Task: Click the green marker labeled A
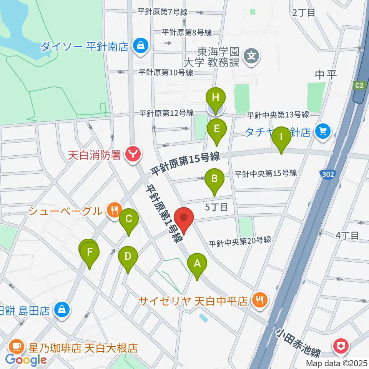(x=197, y=264)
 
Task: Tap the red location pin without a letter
(x=184, y=219)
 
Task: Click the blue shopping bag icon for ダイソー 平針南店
(x=139, y=46)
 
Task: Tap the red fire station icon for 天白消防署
(x=133, y=155)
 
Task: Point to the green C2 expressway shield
(x=359, y=86)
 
